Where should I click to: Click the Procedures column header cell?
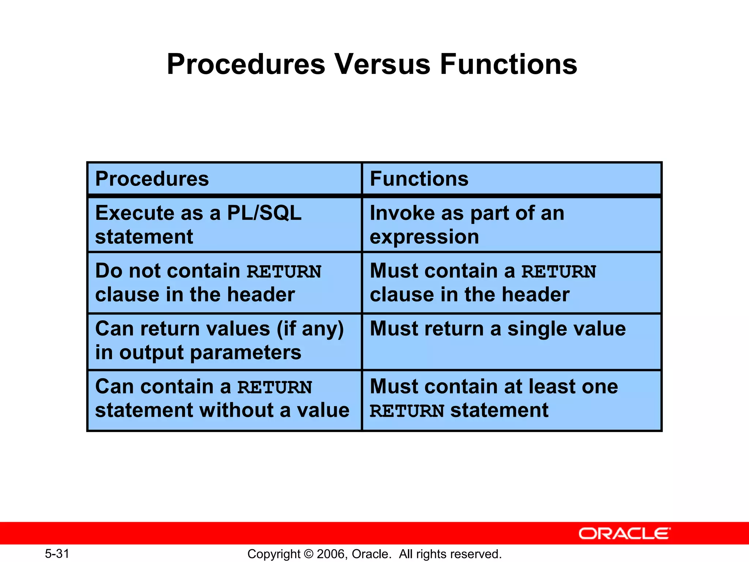point(225,179)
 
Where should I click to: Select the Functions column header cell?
point(511,179)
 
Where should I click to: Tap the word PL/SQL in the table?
point(264,213)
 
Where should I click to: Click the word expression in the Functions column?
point(424,237)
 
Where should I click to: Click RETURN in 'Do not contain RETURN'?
point(284,272)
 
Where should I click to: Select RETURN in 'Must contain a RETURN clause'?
point(559,272)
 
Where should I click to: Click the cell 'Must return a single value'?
point(511,341)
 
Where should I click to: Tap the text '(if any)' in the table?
point(310,329)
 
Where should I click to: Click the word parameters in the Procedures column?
point(245,352)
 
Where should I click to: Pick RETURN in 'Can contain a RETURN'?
point(275,387)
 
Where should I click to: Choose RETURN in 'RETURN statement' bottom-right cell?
point(407,411)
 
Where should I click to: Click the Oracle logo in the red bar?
point(624,533)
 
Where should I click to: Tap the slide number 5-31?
point(57,554)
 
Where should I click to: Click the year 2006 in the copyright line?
point(331,554)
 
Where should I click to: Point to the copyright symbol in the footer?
point(309,554)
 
